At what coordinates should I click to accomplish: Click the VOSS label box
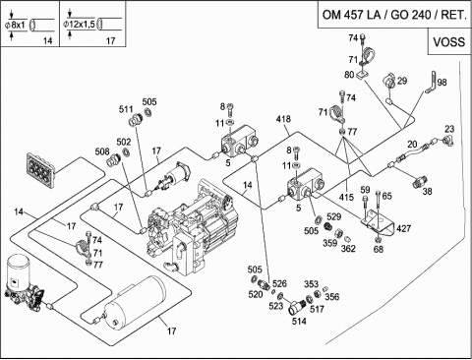tap(449, 41)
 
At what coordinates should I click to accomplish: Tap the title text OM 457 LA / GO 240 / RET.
tap(394, 15)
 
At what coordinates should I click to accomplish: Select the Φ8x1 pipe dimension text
tap(15, 25)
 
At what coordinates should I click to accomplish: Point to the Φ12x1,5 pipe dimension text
tap(79, 24)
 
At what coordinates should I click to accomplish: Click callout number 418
tap(283, 119)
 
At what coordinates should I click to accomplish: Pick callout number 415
tap(346, 197)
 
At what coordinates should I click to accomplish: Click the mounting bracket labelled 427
tap(378, 224)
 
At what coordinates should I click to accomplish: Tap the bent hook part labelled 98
tap(432, 83)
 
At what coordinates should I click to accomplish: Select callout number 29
tap(402, 81)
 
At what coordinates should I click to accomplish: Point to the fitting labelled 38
tap(420, 181)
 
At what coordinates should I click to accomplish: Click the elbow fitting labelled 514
tap(296, 306)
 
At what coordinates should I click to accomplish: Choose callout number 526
tap(279, 283)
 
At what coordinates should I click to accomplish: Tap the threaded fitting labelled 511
tap(135, 120)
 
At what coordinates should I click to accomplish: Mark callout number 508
tap(102, 151)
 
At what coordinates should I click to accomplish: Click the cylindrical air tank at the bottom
tap(136, 302)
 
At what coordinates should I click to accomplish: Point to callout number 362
tap(348, 249)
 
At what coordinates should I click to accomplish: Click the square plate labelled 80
tap(361, 76)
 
